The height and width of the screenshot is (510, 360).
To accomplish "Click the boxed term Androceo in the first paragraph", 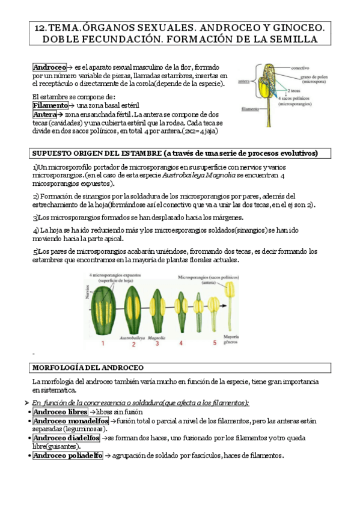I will (x=49, y=68).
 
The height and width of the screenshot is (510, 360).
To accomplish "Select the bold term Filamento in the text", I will (x=50, y=105).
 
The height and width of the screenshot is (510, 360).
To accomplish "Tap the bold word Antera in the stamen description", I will (x=46, y=114).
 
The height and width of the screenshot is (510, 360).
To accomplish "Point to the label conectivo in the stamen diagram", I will (x=300, y=68).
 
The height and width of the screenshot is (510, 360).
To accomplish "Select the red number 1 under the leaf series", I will (x=102, y=343).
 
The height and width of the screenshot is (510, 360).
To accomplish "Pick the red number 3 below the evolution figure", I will (x=157, y=343).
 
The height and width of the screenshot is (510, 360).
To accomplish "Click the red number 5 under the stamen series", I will (x=213, y=343).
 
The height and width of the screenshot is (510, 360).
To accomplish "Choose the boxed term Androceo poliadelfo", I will (x=67, y=456).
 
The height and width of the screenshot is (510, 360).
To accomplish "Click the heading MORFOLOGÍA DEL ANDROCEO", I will (x=87, y=367).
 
